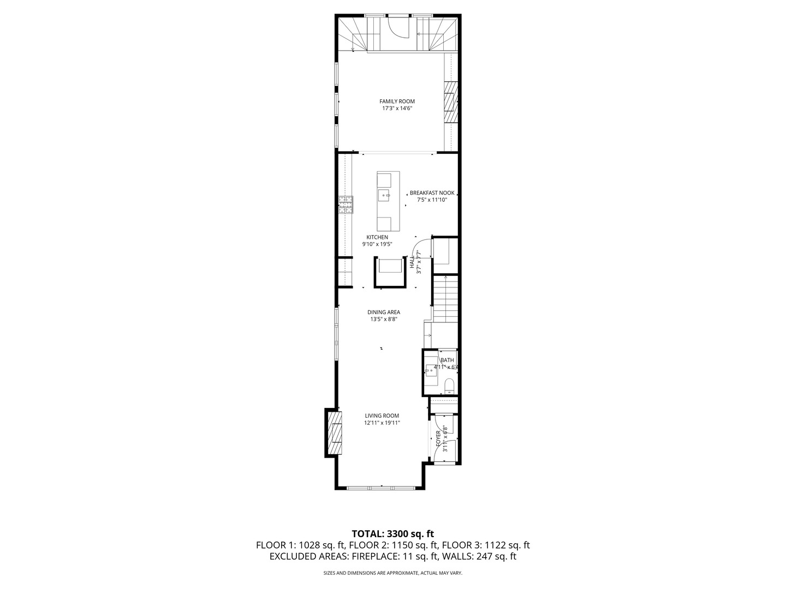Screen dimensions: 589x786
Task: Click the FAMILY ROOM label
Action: click(397, 101)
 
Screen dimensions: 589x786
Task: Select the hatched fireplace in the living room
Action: click(334, 433)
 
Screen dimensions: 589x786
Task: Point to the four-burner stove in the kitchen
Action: click(346, 204)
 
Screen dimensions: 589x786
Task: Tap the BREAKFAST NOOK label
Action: click(432, 193)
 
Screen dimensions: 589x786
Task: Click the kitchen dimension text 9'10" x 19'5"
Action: click(377, 244)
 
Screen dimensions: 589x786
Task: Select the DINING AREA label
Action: click(383, 312)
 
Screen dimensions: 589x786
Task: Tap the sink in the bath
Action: click(433, 369)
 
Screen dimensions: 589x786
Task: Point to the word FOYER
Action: click(438, 436)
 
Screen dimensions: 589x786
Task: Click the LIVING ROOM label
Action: click(382, 416)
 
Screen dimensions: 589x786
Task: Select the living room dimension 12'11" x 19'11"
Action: click(382, 423)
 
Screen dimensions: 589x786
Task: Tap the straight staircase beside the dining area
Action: click(445, 299)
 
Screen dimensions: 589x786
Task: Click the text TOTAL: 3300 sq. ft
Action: click(392, 534)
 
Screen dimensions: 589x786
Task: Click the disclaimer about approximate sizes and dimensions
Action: click(392, 573)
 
